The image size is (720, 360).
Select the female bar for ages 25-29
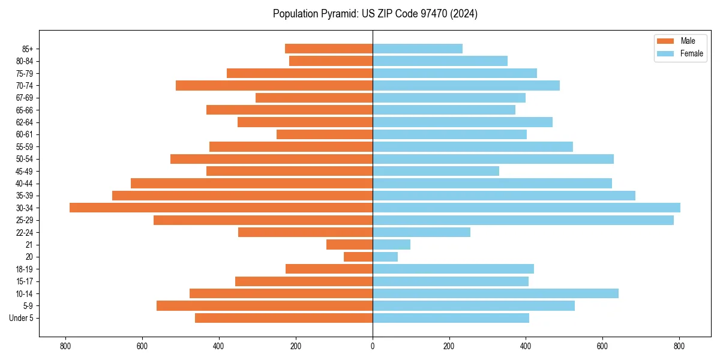[523, 220]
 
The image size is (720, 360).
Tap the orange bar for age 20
[358, 257]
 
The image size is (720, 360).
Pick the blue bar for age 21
[391, 245]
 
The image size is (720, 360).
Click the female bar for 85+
[417, 49]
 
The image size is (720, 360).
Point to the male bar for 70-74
[274, 85]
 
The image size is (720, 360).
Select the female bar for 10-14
[495, 293]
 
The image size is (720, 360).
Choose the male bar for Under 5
[284, 318]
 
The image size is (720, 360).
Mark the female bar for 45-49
[436, 171]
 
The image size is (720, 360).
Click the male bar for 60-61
[325, 134]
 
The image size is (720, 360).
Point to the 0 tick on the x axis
[373, 346]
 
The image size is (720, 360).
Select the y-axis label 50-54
[25, 159]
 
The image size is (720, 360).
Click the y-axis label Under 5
[22, 318]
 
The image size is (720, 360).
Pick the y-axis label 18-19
[25, 269]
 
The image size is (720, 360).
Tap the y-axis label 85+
[27, 49]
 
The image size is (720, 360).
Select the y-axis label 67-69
[25, 98]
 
